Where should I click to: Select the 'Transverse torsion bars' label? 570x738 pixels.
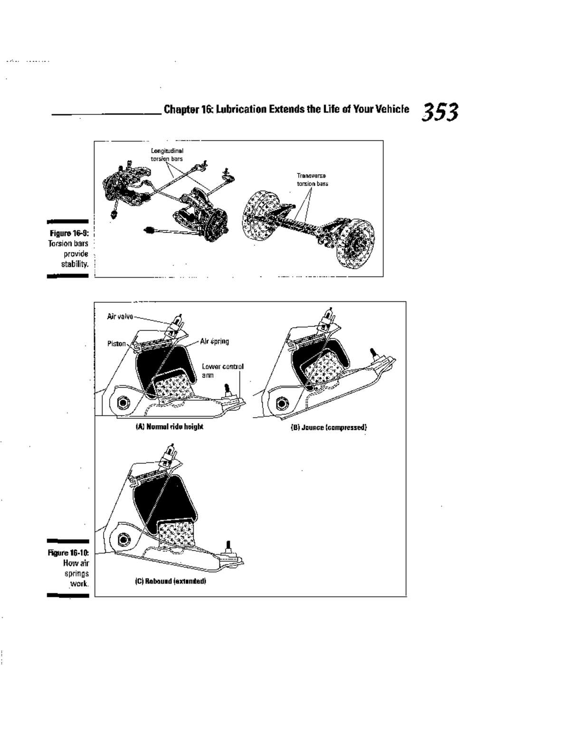click(x=312, y=180)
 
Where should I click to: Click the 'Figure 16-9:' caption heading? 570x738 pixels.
click(x=69, y=234)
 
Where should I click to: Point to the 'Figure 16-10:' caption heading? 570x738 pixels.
click(x=69, y=553)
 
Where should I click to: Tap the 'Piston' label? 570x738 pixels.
click(x=116, y=344)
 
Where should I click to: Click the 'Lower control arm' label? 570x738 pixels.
click(x=222, y=370)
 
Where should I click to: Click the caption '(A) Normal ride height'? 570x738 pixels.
click(x=169, y=427)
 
